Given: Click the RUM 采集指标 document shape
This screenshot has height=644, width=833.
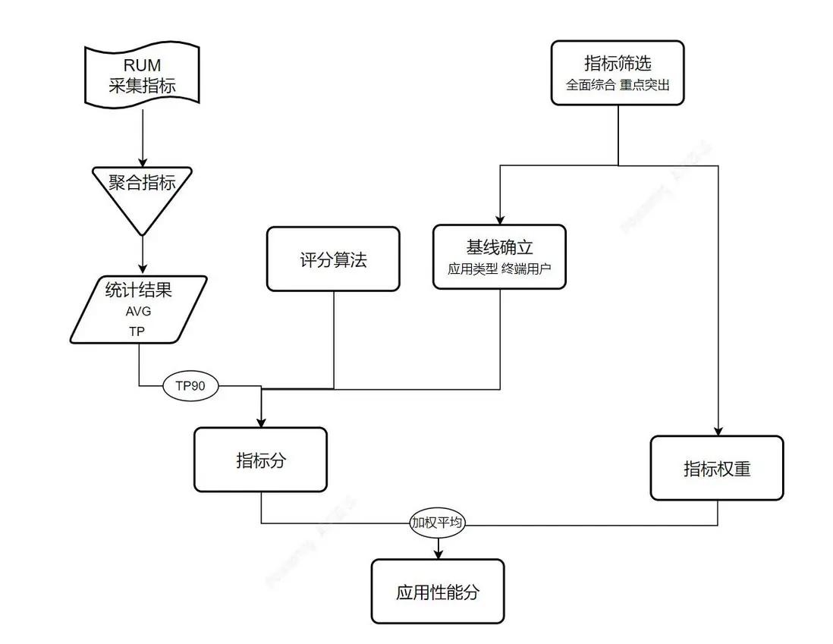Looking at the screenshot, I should [x=142, y=75].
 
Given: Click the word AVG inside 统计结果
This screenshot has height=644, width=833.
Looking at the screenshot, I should [x=138, y=312].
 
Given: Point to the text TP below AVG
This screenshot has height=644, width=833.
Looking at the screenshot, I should [x=137, y=331].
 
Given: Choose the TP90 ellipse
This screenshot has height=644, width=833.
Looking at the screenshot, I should [x=190, y=385].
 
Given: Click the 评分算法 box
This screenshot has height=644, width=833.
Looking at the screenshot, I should [x=333, y=259].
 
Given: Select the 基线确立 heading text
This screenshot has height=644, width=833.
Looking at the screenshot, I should [x=499, y=247].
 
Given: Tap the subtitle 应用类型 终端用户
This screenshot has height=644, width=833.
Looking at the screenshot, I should [x=499, y=269].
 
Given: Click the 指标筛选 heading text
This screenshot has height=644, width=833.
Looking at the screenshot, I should [x=618, y=63].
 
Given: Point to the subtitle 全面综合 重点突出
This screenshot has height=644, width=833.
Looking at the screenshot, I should [x=618, y=85].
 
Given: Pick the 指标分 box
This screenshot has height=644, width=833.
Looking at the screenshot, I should [x=260, y=460].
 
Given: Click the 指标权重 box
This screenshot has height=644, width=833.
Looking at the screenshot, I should [x=717, y=468].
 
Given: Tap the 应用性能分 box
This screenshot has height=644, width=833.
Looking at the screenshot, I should [x=438, y=592].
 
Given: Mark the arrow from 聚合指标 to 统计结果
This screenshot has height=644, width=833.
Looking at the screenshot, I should [x=142, y=253].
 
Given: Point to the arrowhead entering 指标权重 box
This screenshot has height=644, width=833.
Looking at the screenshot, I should [x=717, y=430].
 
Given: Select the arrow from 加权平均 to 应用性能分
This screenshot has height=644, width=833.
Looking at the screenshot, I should [x=438, y=548].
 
